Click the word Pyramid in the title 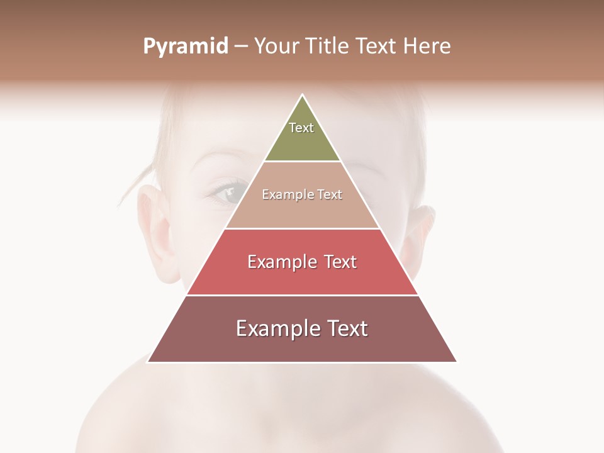point(185,47)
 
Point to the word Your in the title point(276,47)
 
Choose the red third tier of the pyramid point(302,277)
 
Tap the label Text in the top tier point(301,128)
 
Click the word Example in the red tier point(274,262)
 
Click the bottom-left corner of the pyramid point(148,362)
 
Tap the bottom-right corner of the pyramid point(457,362)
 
